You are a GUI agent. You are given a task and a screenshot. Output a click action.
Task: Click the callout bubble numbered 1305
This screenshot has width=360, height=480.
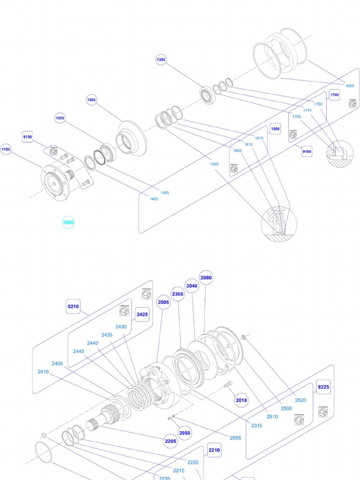pyautogui.click(x=161, y=60)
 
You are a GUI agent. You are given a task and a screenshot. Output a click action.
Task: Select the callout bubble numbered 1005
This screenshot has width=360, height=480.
pyautogui.click(x=91, y=99)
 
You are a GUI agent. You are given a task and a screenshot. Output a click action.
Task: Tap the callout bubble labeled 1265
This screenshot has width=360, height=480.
pyautogui.click(x=60, y=118)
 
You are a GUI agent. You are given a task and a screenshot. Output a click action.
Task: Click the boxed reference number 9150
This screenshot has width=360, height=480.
pyautogui.click(x=28, y=137)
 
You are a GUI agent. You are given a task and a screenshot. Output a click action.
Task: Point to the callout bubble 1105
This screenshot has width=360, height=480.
pyautogui.click(x=6, y=150)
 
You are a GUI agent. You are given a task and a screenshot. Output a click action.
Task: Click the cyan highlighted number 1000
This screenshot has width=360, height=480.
pyautogui.click(x=68, y=223)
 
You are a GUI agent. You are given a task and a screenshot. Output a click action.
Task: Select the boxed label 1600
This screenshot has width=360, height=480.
pyautogui.click(x=275, y=129)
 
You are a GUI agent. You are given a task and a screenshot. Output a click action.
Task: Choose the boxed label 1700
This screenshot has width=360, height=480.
pyautogui.click(x=334, y=95)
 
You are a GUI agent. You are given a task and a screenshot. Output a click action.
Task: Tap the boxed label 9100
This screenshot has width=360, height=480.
pyautogui.click(x=307, y=151)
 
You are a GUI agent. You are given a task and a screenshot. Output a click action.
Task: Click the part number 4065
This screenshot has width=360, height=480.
pyautogui.click(x=350, y=86)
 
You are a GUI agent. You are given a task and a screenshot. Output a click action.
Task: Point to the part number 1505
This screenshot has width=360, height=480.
pyautogui.click(x=214, y=164)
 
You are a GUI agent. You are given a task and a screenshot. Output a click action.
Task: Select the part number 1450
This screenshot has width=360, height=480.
pyautogui.click(x=154, y=199)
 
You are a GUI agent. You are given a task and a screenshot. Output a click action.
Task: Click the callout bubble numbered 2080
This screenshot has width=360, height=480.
pyautogui.click(x=206, y=277)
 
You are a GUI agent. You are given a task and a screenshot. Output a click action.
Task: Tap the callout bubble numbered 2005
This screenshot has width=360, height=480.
pyautogui.click(x=164, y=302)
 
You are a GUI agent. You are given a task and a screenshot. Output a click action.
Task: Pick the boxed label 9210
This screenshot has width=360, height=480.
pyautogui.click(x=74, y=307)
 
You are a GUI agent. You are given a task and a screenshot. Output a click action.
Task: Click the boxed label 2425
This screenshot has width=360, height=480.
pyautogui.click(x=142, y=315)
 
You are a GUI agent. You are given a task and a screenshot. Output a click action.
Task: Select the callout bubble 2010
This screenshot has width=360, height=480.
pyautogui.click(x=241, y=400)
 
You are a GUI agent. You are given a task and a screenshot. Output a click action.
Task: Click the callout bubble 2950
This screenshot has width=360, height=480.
pyautogui.click(x=185, y=433)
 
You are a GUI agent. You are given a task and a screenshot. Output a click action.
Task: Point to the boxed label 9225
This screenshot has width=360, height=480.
pyautogui.click(x=323, y=387)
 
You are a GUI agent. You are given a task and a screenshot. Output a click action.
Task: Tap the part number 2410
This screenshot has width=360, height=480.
pyautogui.click(x=43, y=372)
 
